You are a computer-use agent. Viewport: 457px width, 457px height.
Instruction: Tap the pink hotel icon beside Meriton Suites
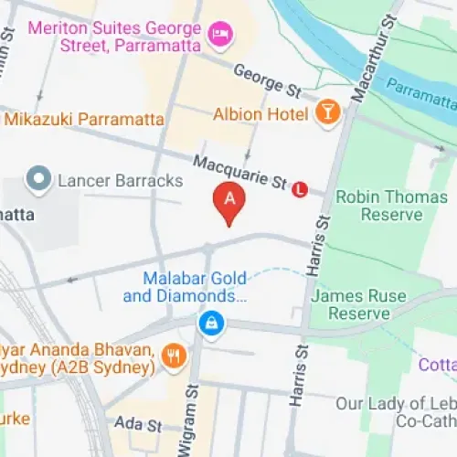[220, 36]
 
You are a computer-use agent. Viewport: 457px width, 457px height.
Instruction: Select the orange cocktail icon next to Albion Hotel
[326, 113]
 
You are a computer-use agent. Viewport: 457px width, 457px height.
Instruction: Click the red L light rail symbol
[300, 190]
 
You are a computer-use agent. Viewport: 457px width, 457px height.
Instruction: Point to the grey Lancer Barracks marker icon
[38, 179]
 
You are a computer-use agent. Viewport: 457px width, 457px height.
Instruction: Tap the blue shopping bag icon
[212, 324]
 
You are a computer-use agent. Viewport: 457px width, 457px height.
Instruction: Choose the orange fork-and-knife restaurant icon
[173, 356]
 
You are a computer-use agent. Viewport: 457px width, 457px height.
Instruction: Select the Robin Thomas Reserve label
[378, 206]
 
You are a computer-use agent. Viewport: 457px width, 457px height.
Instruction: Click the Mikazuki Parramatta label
[83, 120]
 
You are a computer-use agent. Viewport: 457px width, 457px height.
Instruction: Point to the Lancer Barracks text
[120, 180]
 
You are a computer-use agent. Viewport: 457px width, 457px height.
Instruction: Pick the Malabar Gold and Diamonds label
[193, 286]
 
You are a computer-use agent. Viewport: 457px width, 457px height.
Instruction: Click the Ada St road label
[138, 425]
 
